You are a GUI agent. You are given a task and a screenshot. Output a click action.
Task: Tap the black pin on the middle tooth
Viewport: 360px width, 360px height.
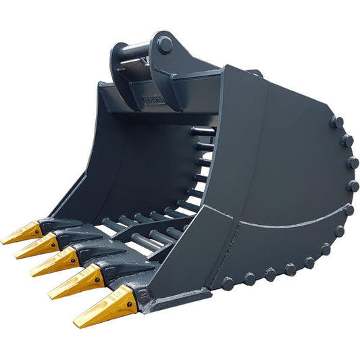point(72,253)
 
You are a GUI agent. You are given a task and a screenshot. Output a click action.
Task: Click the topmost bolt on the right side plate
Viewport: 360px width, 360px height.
point(337,122)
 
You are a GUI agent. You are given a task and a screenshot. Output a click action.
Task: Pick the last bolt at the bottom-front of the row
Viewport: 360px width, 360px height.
point(228,284)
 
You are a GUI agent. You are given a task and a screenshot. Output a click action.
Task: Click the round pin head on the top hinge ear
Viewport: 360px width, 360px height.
point(165,46)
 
